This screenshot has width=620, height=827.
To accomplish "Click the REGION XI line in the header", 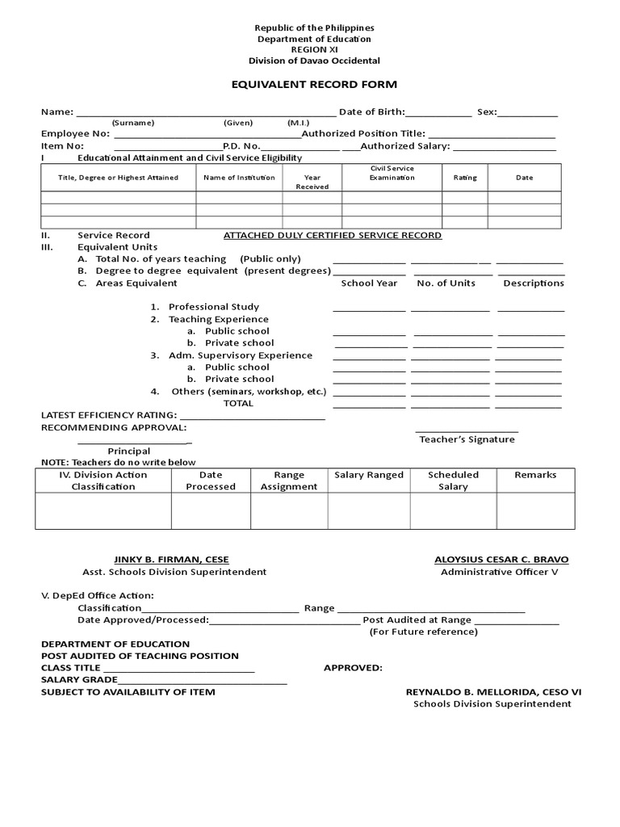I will (x=315, y=49).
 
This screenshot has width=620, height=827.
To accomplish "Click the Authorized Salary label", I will (x=404, y=146).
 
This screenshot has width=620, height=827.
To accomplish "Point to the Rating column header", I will (x=465, y=178).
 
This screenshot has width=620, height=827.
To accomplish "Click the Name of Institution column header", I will (x=239, y=178).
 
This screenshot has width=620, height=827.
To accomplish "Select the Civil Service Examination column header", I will (x=392, y=173).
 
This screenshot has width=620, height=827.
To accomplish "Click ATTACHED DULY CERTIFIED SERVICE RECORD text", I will (x=332, y=235).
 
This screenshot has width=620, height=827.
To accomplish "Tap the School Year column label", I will (x=369, y=283).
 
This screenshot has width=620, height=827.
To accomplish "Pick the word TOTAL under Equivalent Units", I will (x=238, y=403).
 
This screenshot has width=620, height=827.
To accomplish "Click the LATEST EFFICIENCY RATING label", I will (x=109, y=415).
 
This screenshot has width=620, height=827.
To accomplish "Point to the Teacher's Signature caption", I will (x=467, y=439).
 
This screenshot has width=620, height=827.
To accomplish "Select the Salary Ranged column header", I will (x=369, y=475).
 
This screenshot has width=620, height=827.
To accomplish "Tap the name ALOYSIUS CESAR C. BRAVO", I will (x=501, y=560).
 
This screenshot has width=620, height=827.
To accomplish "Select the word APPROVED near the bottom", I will (x=353, y=668).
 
